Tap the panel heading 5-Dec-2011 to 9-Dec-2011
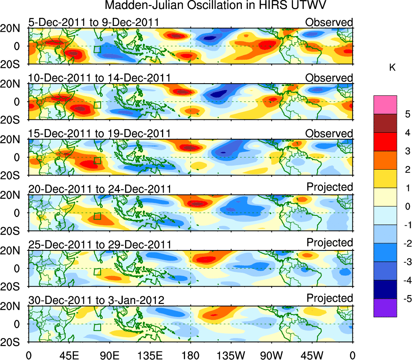click(x=94, y=22)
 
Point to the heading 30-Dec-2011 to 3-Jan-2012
click(x=96, y=300)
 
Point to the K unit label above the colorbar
click(x=392, y=68)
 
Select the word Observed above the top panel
click(x=329, y=22)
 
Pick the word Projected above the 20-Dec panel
click(x=330, y=187)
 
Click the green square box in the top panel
click(x=97, y=50)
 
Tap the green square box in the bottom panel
click(x=97, y=328)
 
